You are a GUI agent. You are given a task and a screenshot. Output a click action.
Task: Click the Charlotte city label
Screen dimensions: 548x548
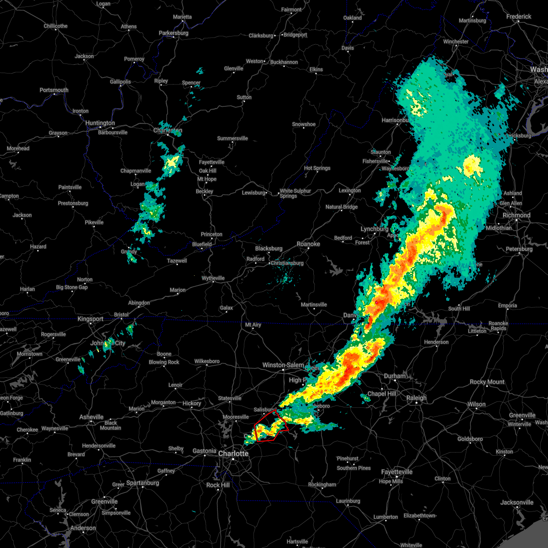tap(233, 453)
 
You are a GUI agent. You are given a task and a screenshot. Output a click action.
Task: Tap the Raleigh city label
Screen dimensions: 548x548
tap(416, 398)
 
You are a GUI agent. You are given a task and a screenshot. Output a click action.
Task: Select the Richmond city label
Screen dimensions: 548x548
tap(516, 215)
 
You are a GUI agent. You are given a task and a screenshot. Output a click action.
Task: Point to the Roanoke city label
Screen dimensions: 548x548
tap(308, 244)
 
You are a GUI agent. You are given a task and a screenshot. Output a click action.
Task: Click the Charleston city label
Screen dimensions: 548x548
tap(168, 131)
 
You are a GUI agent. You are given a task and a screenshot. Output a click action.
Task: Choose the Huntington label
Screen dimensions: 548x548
tap(100, 123)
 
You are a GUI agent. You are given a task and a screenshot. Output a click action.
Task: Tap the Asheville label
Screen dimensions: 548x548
tap(91, 417)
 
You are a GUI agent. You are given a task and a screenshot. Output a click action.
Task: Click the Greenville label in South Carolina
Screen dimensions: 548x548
tap(104, 501)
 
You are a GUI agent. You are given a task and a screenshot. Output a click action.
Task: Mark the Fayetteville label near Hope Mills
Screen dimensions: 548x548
tap(397, 472)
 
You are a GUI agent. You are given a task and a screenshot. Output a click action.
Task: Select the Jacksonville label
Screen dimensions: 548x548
tap(517, 502)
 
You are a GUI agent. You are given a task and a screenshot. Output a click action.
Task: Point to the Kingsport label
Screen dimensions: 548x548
tap(90, 319)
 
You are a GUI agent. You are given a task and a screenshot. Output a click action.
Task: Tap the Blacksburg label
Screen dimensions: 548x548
tap(269, 248)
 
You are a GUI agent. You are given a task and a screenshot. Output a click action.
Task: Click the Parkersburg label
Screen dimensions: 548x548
tap(174, 33)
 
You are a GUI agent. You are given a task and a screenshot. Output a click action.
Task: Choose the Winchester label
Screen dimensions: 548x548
tap(456, 42)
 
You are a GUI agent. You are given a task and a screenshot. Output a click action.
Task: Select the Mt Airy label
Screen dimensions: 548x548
tap(253, 325)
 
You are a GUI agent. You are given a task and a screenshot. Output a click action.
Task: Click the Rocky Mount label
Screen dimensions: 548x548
tap(487, 382)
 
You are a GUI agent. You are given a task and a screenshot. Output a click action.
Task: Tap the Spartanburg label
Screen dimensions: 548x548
tap(142, 483)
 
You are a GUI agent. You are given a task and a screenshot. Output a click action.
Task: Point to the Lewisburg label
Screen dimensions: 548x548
tap(253, 193)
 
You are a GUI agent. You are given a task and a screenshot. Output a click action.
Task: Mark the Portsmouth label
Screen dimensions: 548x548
tap(54, 90)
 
